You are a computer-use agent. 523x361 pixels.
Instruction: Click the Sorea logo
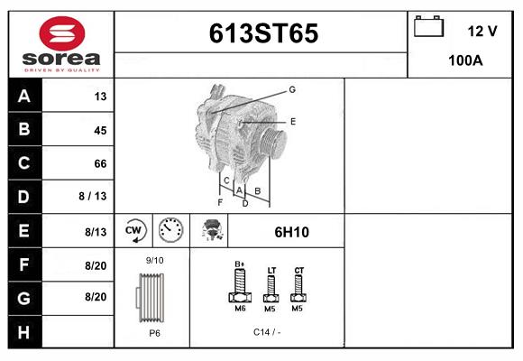(x=60, y=43)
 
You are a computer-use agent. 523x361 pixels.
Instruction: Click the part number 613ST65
(x=263, y=33)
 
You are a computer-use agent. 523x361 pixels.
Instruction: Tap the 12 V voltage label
(x=482, y=31)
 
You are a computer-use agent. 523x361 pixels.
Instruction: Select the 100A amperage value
(x=465, y=61)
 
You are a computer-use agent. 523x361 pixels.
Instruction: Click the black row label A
(x=24, y=97)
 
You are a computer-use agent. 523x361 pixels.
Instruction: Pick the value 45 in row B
(x=99, y=130)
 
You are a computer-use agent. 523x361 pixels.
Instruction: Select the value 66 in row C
(x=99, y=163)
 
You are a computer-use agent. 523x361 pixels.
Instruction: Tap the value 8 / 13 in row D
(x=92, y=197)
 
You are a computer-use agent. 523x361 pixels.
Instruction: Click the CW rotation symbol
(x=134, y=231)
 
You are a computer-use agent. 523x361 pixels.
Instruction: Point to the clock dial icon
(x=170, y=231)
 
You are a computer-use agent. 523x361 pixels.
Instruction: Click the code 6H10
(x=291, y=232)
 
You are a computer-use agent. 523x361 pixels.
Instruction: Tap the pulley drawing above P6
(x=151, y=296)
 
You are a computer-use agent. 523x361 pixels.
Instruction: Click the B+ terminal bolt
(x=240, y=288)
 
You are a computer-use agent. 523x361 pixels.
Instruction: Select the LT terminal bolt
(x=271, y=289)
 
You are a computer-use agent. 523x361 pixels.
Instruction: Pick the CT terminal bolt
(x=299, y=289)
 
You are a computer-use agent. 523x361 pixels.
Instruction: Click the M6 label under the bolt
(x=240, y=310)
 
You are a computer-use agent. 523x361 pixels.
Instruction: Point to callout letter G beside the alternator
(x=292, y=89)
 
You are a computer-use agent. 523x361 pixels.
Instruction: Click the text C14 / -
(x=267, y=332)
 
